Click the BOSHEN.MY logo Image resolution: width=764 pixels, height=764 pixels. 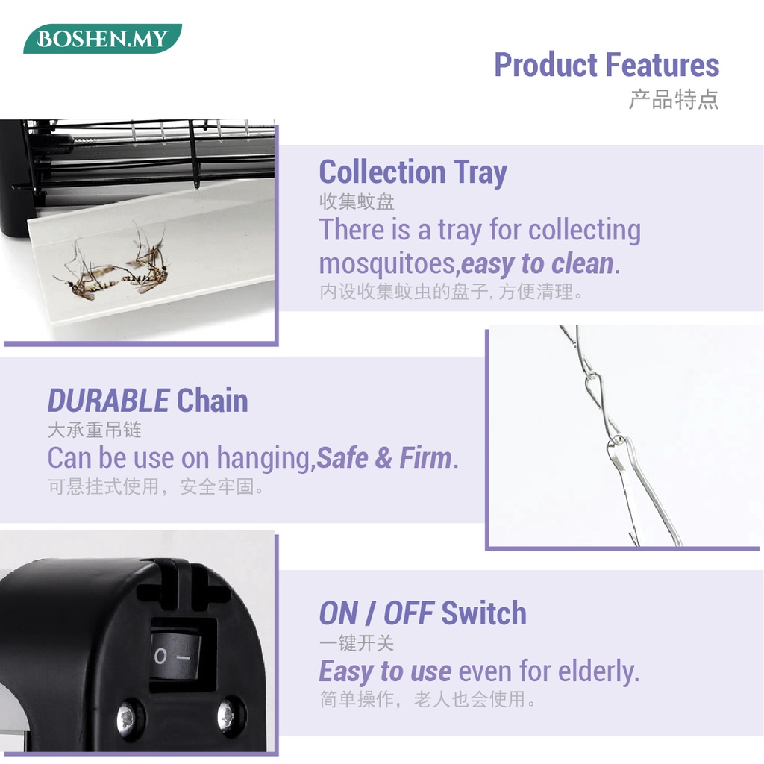click(102, 39)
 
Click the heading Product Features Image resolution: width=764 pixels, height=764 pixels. click(607, 65)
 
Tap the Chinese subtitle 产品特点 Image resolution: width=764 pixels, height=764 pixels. click(674, 99)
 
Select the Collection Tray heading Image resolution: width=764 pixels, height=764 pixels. click(413, 173)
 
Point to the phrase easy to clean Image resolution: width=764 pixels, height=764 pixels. click(537, 263)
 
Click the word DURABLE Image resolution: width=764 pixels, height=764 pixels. click(108, 401)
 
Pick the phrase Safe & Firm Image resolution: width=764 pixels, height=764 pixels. click(384, 458)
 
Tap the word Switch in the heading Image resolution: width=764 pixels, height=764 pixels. click(483, 613)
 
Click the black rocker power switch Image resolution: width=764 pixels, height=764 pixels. click(175, 655)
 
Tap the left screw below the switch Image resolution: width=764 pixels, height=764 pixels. click(127, 717)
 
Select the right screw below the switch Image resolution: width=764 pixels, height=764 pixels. click(227, 716)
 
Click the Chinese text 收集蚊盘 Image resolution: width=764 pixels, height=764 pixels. click(357, 201)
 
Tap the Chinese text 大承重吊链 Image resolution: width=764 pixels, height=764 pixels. click(95, 430)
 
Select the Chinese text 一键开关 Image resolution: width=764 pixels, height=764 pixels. click(357, 643)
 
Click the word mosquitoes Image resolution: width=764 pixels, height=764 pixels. click(387, 265)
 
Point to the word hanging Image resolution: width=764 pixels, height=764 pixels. click(263, 459)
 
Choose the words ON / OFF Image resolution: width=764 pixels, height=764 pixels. click(376, 613)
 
